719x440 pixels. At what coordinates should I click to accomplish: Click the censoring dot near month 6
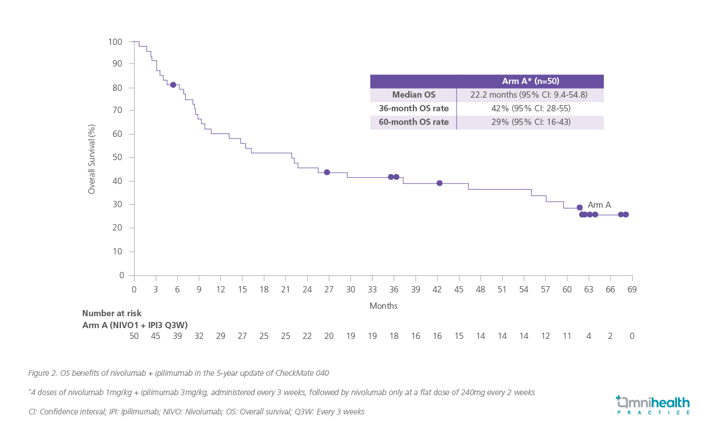[173, 85]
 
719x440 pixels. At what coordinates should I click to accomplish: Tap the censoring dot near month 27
[327, 172]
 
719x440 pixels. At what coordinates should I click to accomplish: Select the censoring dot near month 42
[440, 183]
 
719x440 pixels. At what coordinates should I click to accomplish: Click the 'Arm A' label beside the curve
[599, 205]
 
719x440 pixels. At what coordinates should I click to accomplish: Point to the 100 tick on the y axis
[115, 42]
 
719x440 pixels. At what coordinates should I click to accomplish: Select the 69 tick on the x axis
[632, 290]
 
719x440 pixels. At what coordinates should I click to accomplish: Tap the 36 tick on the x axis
[394, 290]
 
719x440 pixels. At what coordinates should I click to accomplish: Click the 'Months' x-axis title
[383, 306]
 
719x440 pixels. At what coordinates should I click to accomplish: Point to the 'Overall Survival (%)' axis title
[91, 159]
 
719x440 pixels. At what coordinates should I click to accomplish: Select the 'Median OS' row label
[413, 95]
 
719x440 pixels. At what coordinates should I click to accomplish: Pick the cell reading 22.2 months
[529, 95]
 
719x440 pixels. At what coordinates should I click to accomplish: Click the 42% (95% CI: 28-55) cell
[529, 108]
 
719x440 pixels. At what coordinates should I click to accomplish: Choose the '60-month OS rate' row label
[413, 122]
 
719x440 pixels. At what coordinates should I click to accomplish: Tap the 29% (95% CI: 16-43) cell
[529, 122]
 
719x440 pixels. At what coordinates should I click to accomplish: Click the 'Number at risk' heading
[112, 313]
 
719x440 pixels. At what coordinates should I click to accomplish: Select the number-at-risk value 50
[134, 336]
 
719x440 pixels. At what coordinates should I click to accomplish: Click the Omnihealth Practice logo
[653, 405]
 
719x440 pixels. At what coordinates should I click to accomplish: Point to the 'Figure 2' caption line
[178, 373]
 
